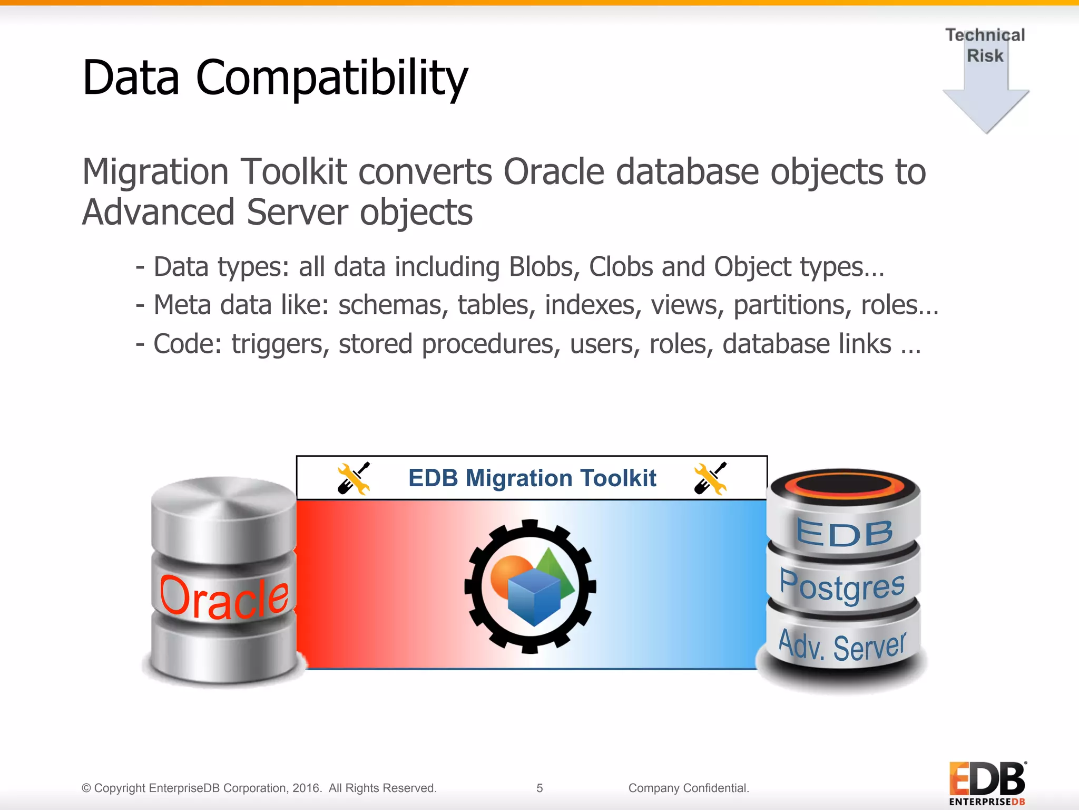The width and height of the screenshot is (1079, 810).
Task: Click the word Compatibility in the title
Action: (331, 78)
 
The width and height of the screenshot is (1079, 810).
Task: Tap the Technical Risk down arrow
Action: (986, 100)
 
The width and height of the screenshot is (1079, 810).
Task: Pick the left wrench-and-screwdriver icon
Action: (354, 478)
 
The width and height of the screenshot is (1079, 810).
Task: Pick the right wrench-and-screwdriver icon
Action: (710, 478)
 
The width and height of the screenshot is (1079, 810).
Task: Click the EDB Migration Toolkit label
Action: (532, 478)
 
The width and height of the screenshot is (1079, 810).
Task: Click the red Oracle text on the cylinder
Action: (224, 598)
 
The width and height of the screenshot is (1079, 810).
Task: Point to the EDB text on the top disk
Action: (844, 533)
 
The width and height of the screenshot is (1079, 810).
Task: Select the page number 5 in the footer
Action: (539, 788)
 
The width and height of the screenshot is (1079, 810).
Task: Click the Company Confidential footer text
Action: (688, 788)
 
